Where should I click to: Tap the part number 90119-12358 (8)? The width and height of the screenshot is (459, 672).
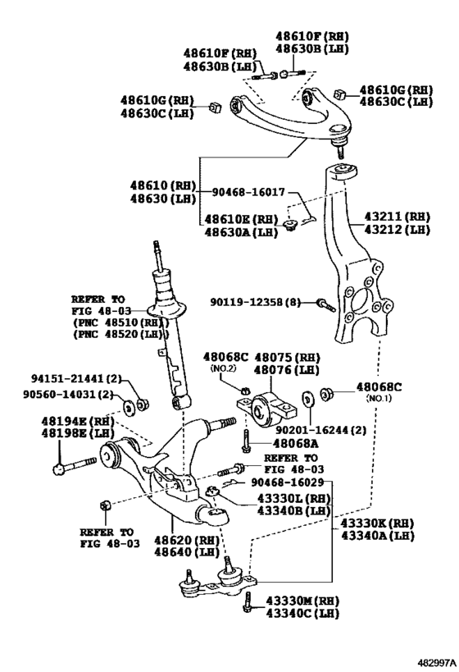click(x=259, y=303)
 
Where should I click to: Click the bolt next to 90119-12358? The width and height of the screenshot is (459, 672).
click(x=324, y=304)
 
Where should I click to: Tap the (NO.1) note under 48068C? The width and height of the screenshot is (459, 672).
click(x=378, y=399)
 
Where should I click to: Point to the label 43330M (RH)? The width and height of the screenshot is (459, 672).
click(x=301, y=601)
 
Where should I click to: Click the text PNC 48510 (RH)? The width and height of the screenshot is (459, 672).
click(x=111, y=323)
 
